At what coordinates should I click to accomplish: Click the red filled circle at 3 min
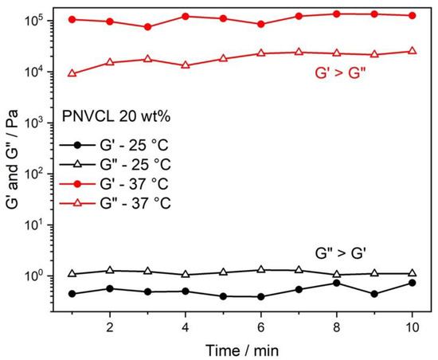(x=147, y=27)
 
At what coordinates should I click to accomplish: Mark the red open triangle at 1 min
(x=72, y=73)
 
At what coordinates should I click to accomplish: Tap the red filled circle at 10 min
(x=411, y=15)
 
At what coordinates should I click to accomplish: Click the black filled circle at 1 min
(x=72, y=294)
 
